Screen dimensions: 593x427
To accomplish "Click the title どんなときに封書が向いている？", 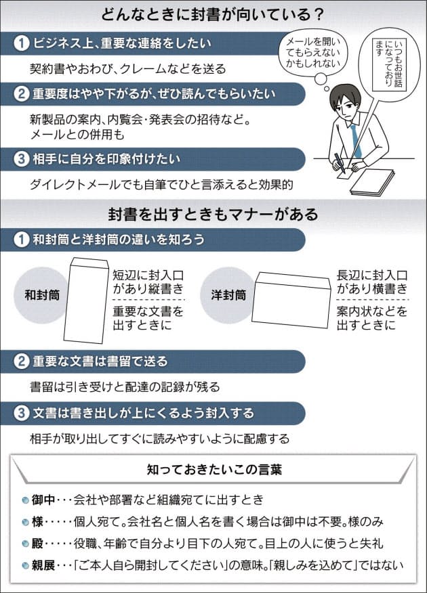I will [213, 14].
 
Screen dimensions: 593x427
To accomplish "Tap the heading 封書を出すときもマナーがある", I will [213, 215].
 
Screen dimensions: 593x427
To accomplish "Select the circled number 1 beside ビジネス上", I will [22, 43].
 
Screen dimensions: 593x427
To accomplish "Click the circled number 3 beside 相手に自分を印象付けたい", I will [22, 160].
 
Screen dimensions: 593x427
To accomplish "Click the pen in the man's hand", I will [338, 162].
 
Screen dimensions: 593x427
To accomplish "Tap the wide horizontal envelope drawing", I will [291, 298].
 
